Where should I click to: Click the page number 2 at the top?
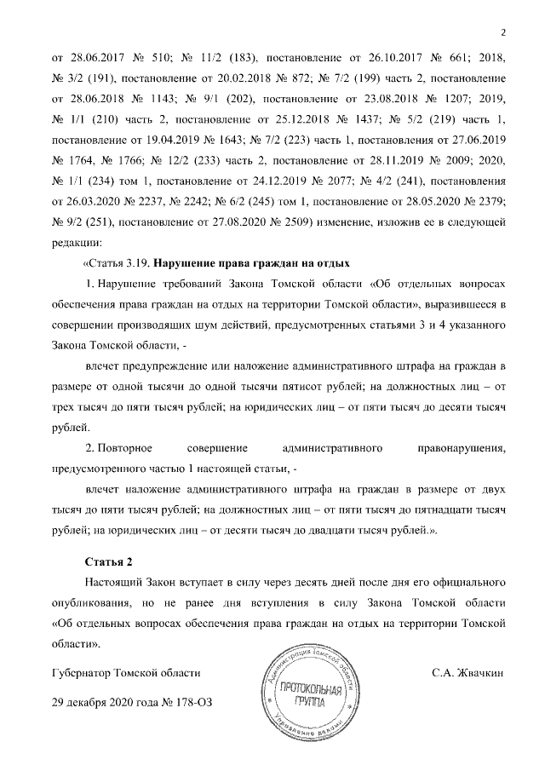click(502, 33)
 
